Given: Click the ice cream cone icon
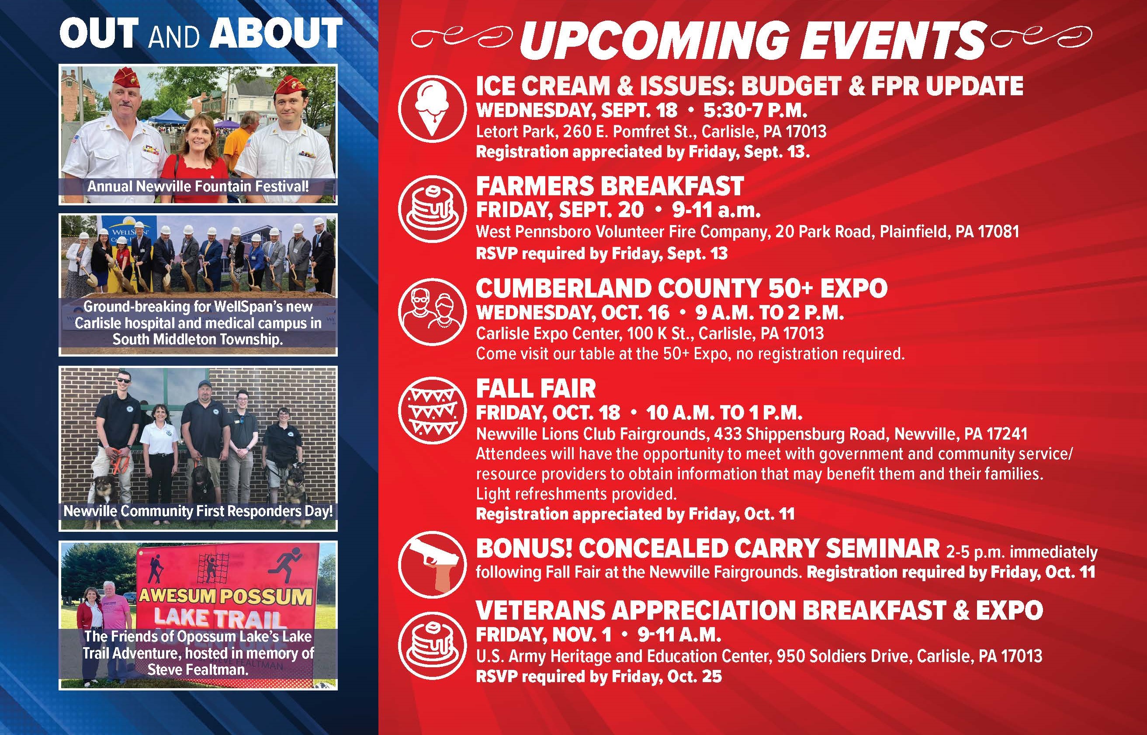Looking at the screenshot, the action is pyautogui.click(x=432, y=109).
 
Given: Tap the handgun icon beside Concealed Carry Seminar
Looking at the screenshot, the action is pyautogui.click(x=432, y=564).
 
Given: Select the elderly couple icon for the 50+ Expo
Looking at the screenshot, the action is pyautogui.click(x=432, y=311).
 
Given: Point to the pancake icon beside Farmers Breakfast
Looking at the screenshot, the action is pyautogui.click(x=432, y=209).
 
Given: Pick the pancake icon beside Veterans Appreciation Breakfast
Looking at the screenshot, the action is pyautogui.click(x=432, y=645).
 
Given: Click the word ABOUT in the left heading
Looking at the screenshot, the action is pyautogui.click(x=277, y=33).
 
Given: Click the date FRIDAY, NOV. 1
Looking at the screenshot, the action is pyautogui.click(x=544, y=635).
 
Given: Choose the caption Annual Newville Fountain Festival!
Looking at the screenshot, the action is pyautogui.click(x=198, y=186).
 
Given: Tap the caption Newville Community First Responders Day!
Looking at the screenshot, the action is pyautogui.click(x=198, y=511).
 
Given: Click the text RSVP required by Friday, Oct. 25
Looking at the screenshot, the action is pyautogui.click(x=599, y=676).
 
